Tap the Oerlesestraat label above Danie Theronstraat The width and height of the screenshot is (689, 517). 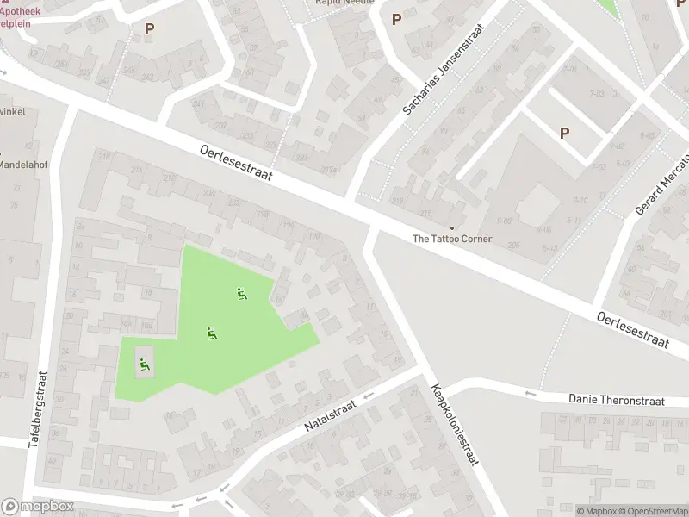pos(633,330)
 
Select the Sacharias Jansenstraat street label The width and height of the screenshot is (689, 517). pos(444,71)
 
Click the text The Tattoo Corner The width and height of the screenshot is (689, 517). pos(452,239)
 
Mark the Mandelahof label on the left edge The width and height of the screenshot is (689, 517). pos(21,164)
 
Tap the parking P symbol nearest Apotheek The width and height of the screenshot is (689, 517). pos(150,28)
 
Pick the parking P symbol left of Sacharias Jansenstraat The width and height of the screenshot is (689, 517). pos(396,19)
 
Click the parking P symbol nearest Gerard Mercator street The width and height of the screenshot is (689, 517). pos(565,133)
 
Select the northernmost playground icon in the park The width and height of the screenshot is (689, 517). pos(242,294)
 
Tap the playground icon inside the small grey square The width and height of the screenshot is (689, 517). pos(144,363)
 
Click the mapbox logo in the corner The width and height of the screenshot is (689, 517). pos(37,507)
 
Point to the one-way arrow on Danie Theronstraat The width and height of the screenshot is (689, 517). pos(530,394)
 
